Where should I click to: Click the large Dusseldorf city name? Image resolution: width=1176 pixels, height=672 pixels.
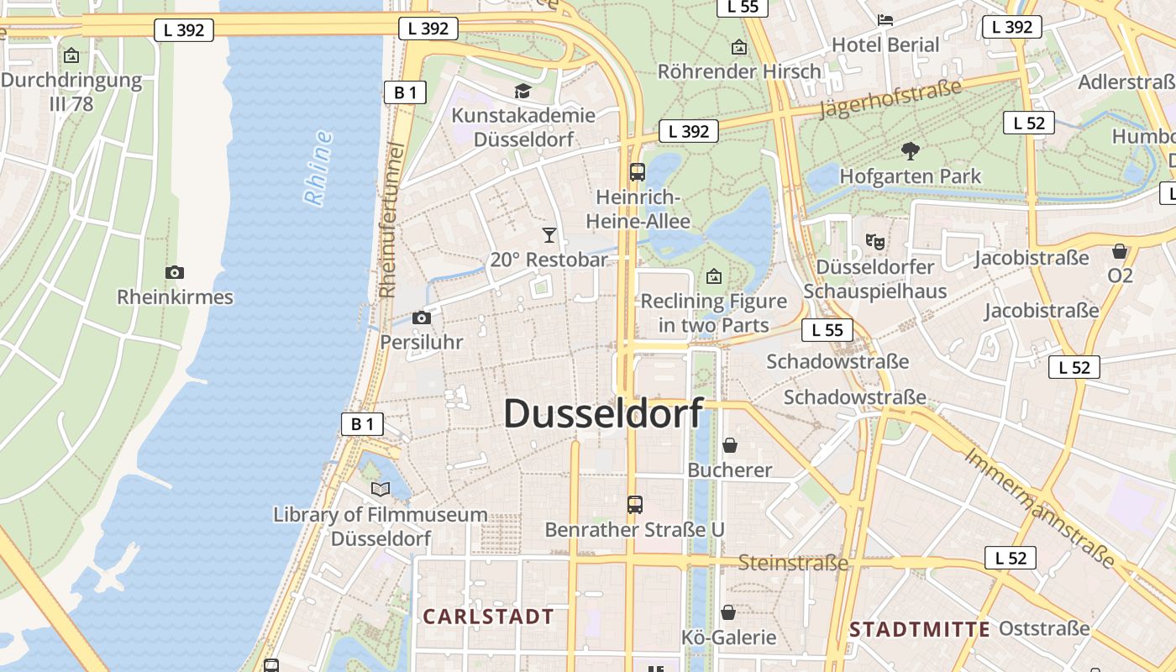603,413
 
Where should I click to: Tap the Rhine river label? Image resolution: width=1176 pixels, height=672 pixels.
318,169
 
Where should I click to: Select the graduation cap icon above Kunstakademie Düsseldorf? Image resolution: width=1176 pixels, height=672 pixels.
523,91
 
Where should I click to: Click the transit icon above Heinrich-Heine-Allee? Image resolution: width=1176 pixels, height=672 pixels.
638,172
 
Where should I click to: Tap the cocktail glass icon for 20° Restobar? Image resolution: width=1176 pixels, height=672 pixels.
549,235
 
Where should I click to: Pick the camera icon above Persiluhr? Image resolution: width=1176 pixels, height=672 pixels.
422,318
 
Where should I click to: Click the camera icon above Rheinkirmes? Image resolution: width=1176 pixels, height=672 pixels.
175,272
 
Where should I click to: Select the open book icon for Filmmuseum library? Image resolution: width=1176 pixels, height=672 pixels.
381,489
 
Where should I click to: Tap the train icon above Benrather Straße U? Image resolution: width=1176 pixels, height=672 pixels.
635,505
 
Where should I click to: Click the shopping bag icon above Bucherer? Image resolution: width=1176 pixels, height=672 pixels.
730,444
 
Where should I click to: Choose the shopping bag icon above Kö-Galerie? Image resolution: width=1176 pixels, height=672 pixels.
728,612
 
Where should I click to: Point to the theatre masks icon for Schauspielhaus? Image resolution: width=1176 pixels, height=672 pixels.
875,242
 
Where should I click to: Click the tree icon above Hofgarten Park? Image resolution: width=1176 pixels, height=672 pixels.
910,151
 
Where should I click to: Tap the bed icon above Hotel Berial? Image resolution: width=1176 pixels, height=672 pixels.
885,19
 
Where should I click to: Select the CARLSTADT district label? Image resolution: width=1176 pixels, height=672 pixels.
488,617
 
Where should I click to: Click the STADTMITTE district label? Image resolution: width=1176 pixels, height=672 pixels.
920,629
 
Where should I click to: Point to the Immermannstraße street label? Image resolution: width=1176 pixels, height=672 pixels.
1039,508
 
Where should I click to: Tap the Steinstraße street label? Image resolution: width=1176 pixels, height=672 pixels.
793,562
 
